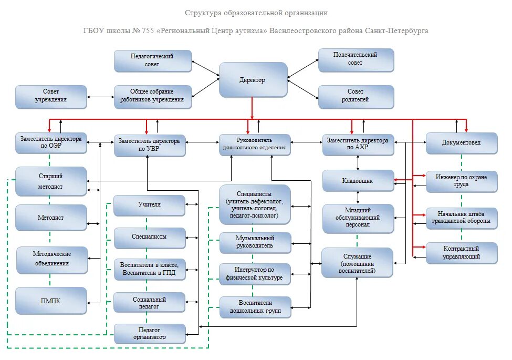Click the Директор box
(253, 80)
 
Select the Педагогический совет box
(153, 60)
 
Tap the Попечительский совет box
(356, 59)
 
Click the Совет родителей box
(356, 96)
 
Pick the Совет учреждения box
(51, 96)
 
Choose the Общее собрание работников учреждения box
(153, 96)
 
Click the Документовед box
(461, 143)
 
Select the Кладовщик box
(358, 180)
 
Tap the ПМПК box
(51, 300)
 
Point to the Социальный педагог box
(150, 302)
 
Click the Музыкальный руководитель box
(255, 242)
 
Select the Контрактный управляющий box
(461, 253)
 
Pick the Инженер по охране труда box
(461, 181)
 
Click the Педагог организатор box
(150, 334)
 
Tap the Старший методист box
(51, 181)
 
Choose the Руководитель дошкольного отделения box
(255, 145)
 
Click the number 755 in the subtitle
(147, 30)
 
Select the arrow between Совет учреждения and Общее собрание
(100, 97)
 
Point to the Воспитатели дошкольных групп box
(255, 307)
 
